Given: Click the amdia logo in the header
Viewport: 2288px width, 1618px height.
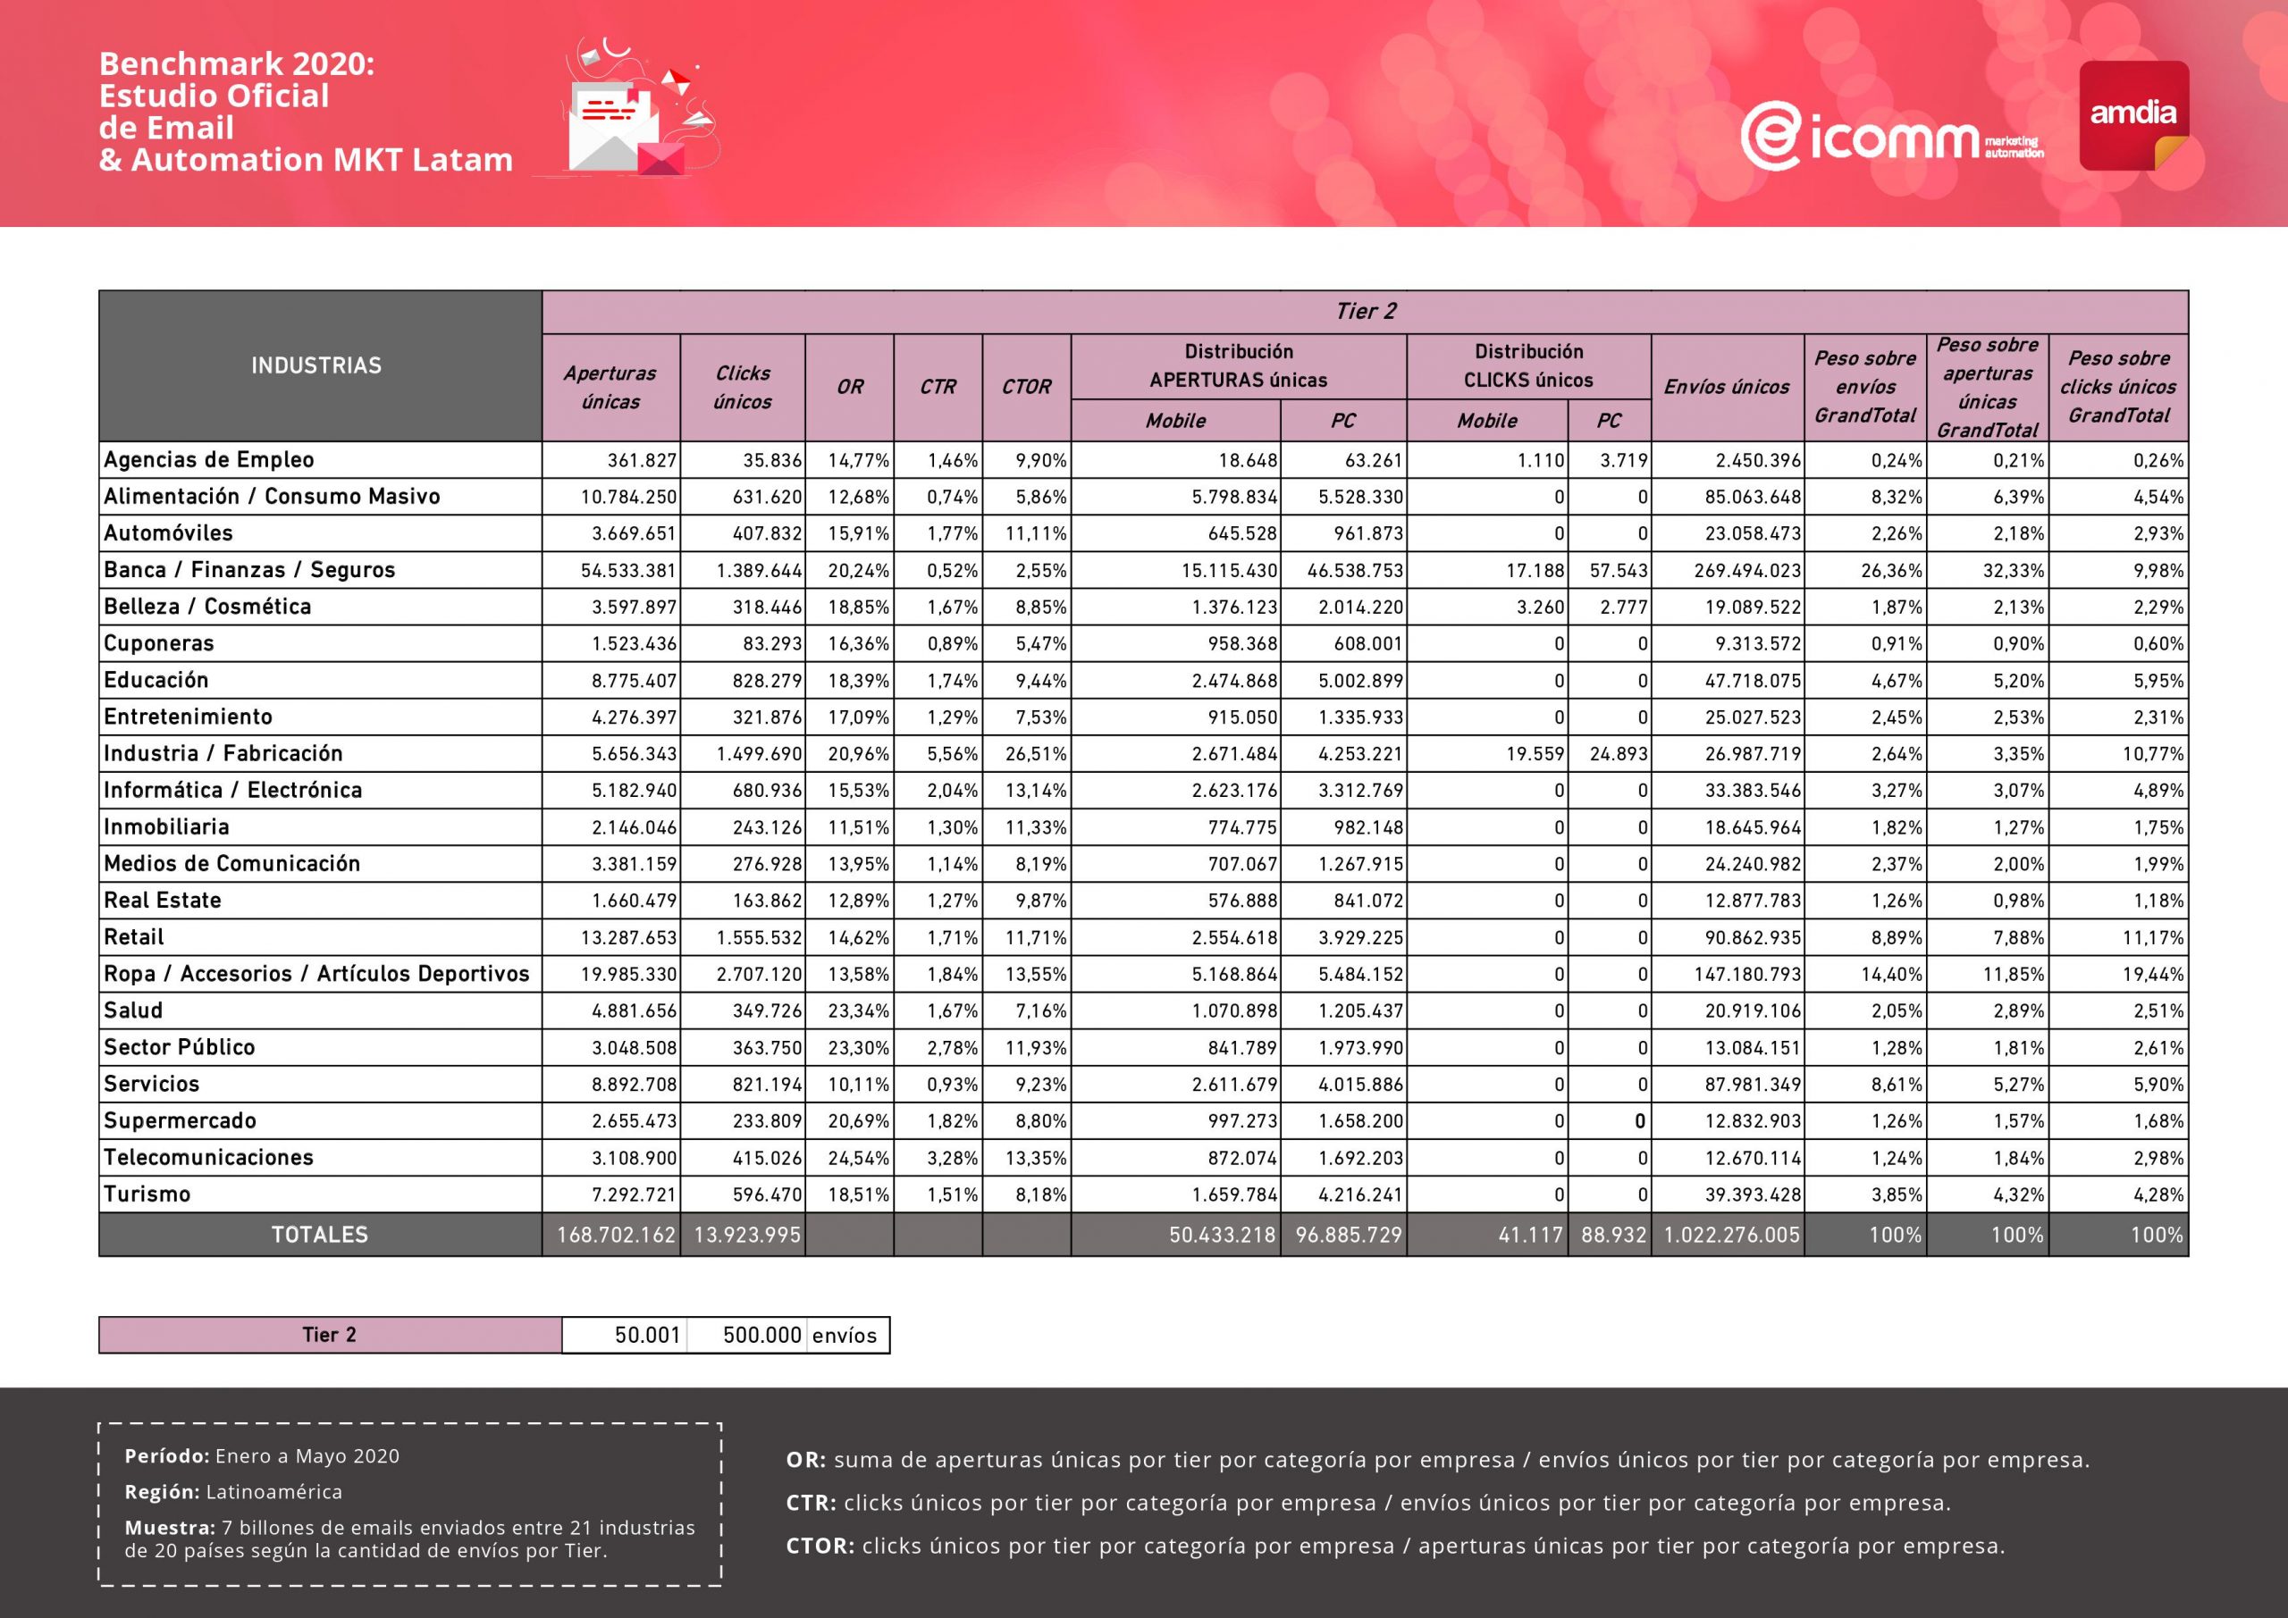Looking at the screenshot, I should pyautogui.click(x=2133, y=114).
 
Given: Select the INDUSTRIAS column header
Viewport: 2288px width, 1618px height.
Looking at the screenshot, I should pyautogui.click(x=317, y=365).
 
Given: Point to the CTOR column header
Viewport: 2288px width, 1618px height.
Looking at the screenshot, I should pyautogui.click(x=1026, y=387).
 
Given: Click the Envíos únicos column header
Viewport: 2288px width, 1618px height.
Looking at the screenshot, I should pyautogui.click(x=1726, y=387).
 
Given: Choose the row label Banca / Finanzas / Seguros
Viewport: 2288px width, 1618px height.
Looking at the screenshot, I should pyautogui.click(x=249, y=570).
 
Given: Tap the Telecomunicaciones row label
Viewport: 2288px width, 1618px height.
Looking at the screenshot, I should pyautogui.click(x=208, y=1158).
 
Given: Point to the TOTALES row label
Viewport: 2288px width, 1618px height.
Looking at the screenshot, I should pyautogui.click(x=320, y=1236).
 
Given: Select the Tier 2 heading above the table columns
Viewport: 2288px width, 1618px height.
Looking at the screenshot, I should pyautogui.click(x=1366, y=312).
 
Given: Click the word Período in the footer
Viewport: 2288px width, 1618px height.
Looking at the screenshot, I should pyautogui.click(x=166, y=1456).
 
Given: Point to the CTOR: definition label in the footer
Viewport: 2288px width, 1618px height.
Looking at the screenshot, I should pyautogui.click(x=820, y=1547).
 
